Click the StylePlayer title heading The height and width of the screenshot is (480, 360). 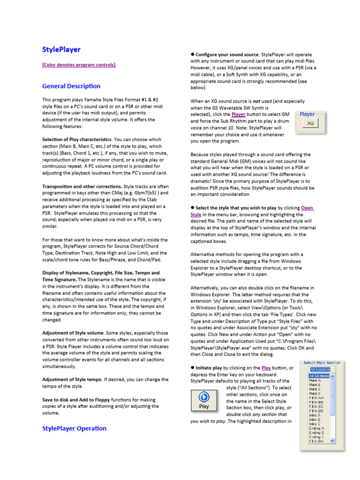coord(61,49)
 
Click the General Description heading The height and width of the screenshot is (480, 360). coord(71,86)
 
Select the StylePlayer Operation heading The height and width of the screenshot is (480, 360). coord(74,428)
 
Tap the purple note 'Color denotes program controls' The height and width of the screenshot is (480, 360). coord(79,65)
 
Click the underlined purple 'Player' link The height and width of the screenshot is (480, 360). coord(239,114)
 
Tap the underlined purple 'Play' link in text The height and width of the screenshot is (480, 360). coord(266,368)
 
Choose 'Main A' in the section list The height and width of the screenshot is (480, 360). coord(315,381)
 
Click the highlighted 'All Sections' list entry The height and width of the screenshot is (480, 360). coord(319,376)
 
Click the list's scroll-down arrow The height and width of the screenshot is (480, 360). coord(333,441)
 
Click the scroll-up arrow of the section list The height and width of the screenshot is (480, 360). coord(333,376)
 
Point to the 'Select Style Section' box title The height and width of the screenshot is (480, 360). coord(322,362)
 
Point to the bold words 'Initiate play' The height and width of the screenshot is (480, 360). coord(209,368)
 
